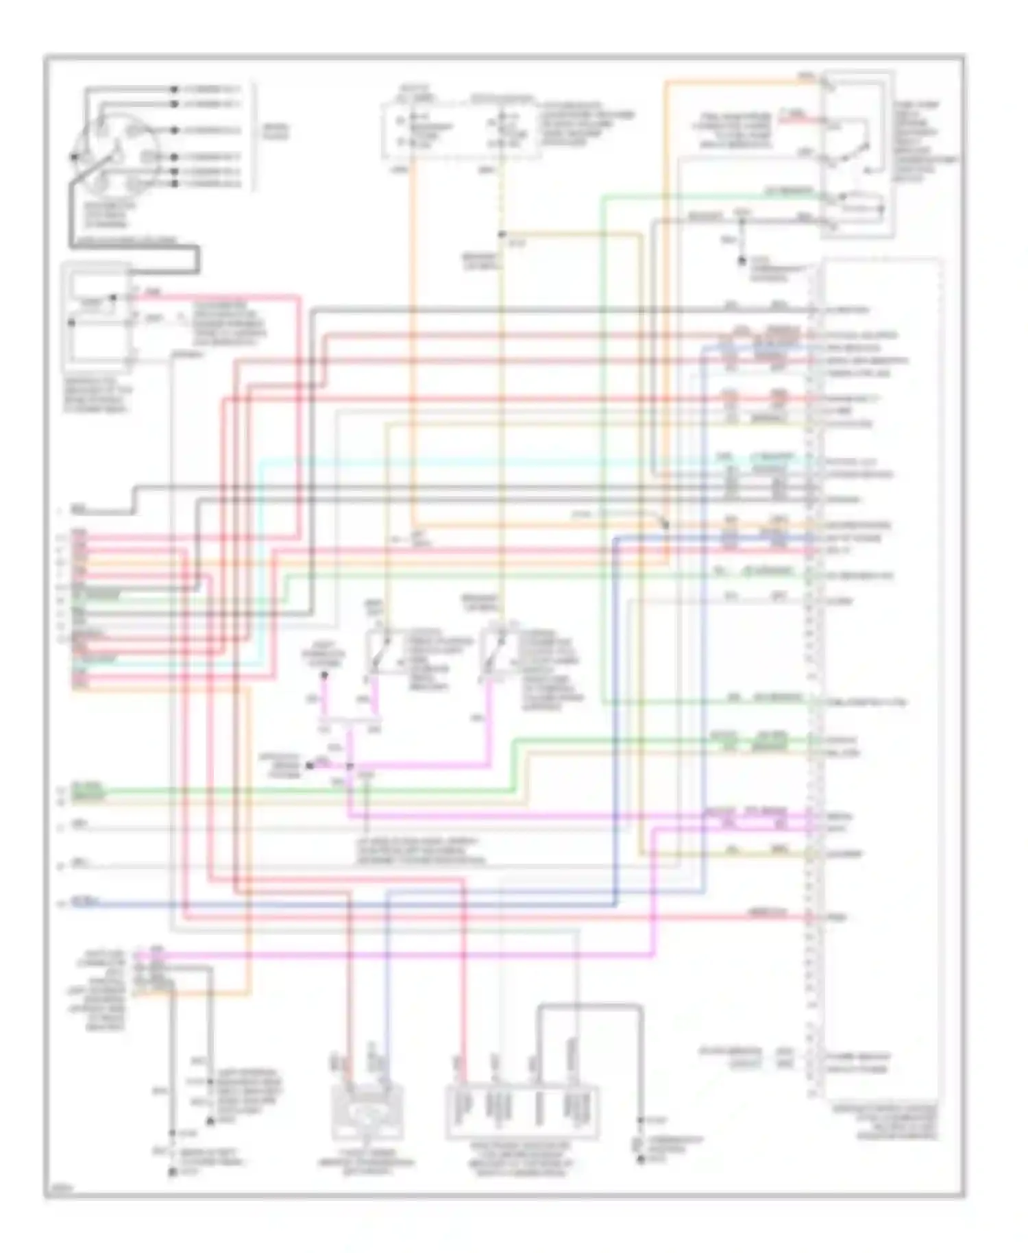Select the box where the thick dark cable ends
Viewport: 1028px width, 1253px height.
[x=96, y=315]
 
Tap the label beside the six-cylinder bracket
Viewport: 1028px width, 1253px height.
[x=276, y=132]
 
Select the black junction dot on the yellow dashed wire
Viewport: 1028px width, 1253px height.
[x=502, y=234]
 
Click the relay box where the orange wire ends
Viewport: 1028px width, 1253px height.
[x=857, y=154]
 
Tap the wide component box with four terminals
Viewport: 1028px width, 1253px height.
[x=522, y=1111]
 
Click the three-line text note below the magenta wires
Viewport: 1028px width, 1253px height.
[x=418, y=851]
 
